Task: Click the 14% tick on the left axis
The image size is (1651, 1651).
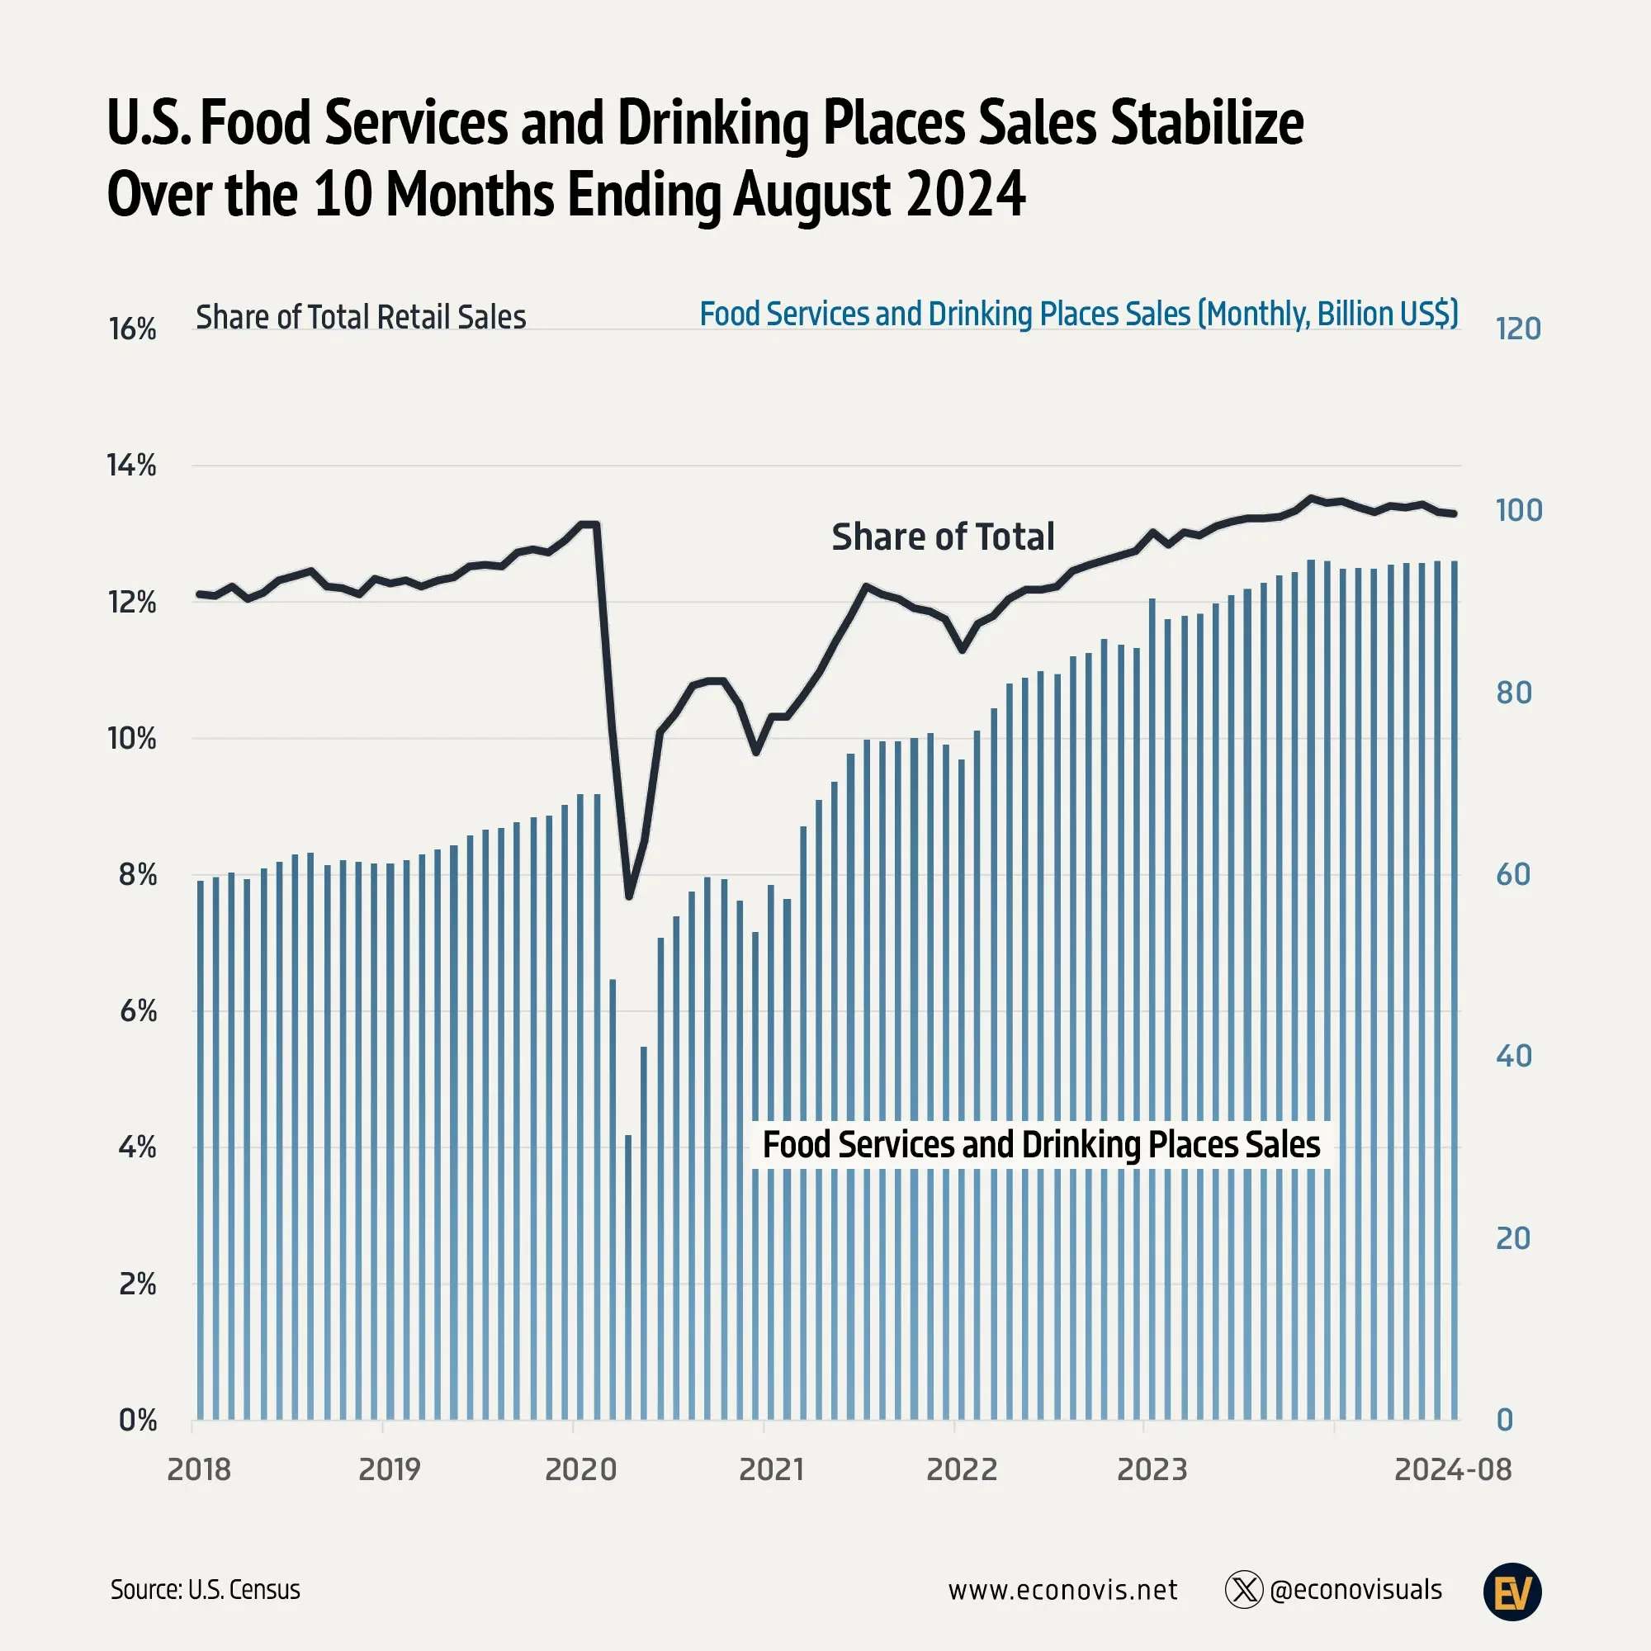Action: point(131,466)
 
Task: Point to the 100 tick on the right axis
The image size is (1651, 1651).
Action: point(1518,510)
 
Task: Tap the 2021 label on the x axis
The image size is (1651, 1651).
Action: point(771,1469)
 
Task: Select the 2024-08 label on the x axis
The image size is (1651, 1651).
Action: point(1452,1469)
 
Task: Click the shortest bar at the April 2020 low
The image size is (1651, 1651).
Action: point(628,1282)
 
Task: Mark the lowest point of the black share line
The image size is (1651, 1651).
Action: point(629,896)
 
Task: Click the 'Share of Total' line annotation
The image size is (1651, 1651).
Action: point(943,537)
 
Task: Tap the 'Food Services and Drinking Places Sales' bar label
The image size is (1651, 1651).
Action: point(1041,1144)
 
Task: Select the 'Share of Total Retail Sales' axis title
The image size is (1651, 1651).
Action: point(361,317)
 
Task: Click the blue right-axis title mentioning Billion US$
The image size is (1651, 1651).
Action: point(1078,314)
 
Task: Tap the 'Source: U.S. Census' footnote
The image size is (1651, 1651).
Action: point(205,1589)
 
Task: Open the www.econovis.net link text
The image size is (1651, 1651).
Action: point(1062,1589)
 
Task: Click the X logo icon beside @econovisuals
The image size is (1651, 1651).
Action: point(1243,1589)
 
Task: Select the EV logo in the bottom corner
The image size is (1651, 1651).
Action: point(1511,1592)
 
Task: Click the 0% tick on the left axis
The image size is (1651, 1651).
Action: point(137,1420)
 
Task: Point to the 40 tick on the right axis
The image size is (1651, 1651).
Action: point(1513,1057)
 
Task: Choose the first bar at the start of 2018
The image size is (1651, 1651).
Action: point(201,1154)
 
